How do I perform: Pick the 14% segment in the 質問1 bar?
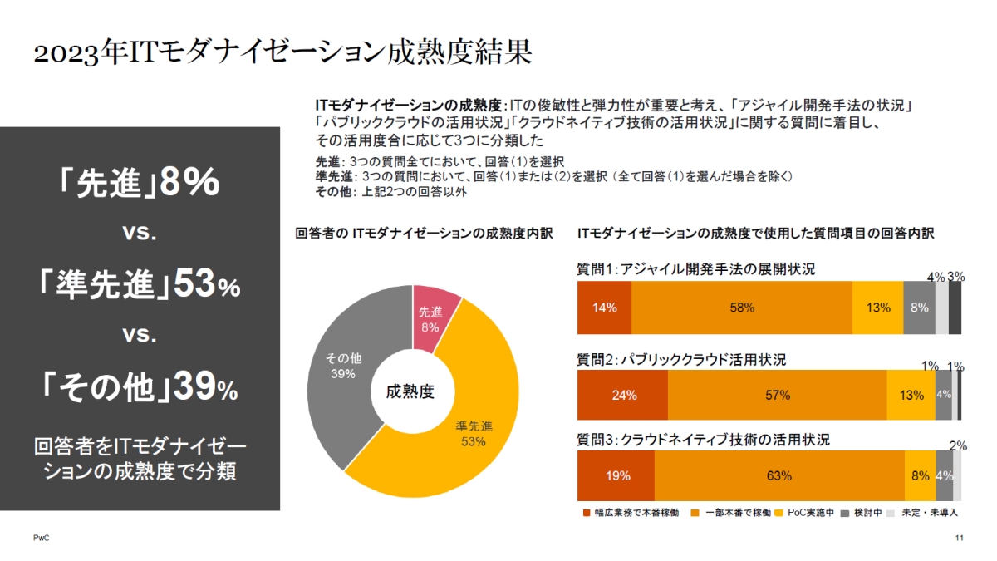[604, 308]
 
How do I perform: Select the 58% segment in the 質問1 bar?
[742, 308]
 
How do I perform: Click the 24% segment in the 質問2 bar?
[623, 395]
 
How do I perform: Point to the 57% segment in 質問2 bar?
[777, 395]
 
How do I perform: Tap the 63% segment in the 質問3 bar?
[779, 476]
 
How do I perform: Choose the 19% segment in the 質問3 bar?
[616, 476]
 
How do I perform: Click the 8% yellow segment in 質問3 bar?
[920, 476]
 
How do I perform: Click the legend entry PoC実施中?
[806, 513]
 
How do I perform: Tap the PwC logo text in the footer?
[41, 539]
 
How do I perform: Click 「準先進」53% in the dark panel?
[140, 287]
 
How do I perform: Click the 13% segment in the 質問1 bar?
[877, 308]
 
